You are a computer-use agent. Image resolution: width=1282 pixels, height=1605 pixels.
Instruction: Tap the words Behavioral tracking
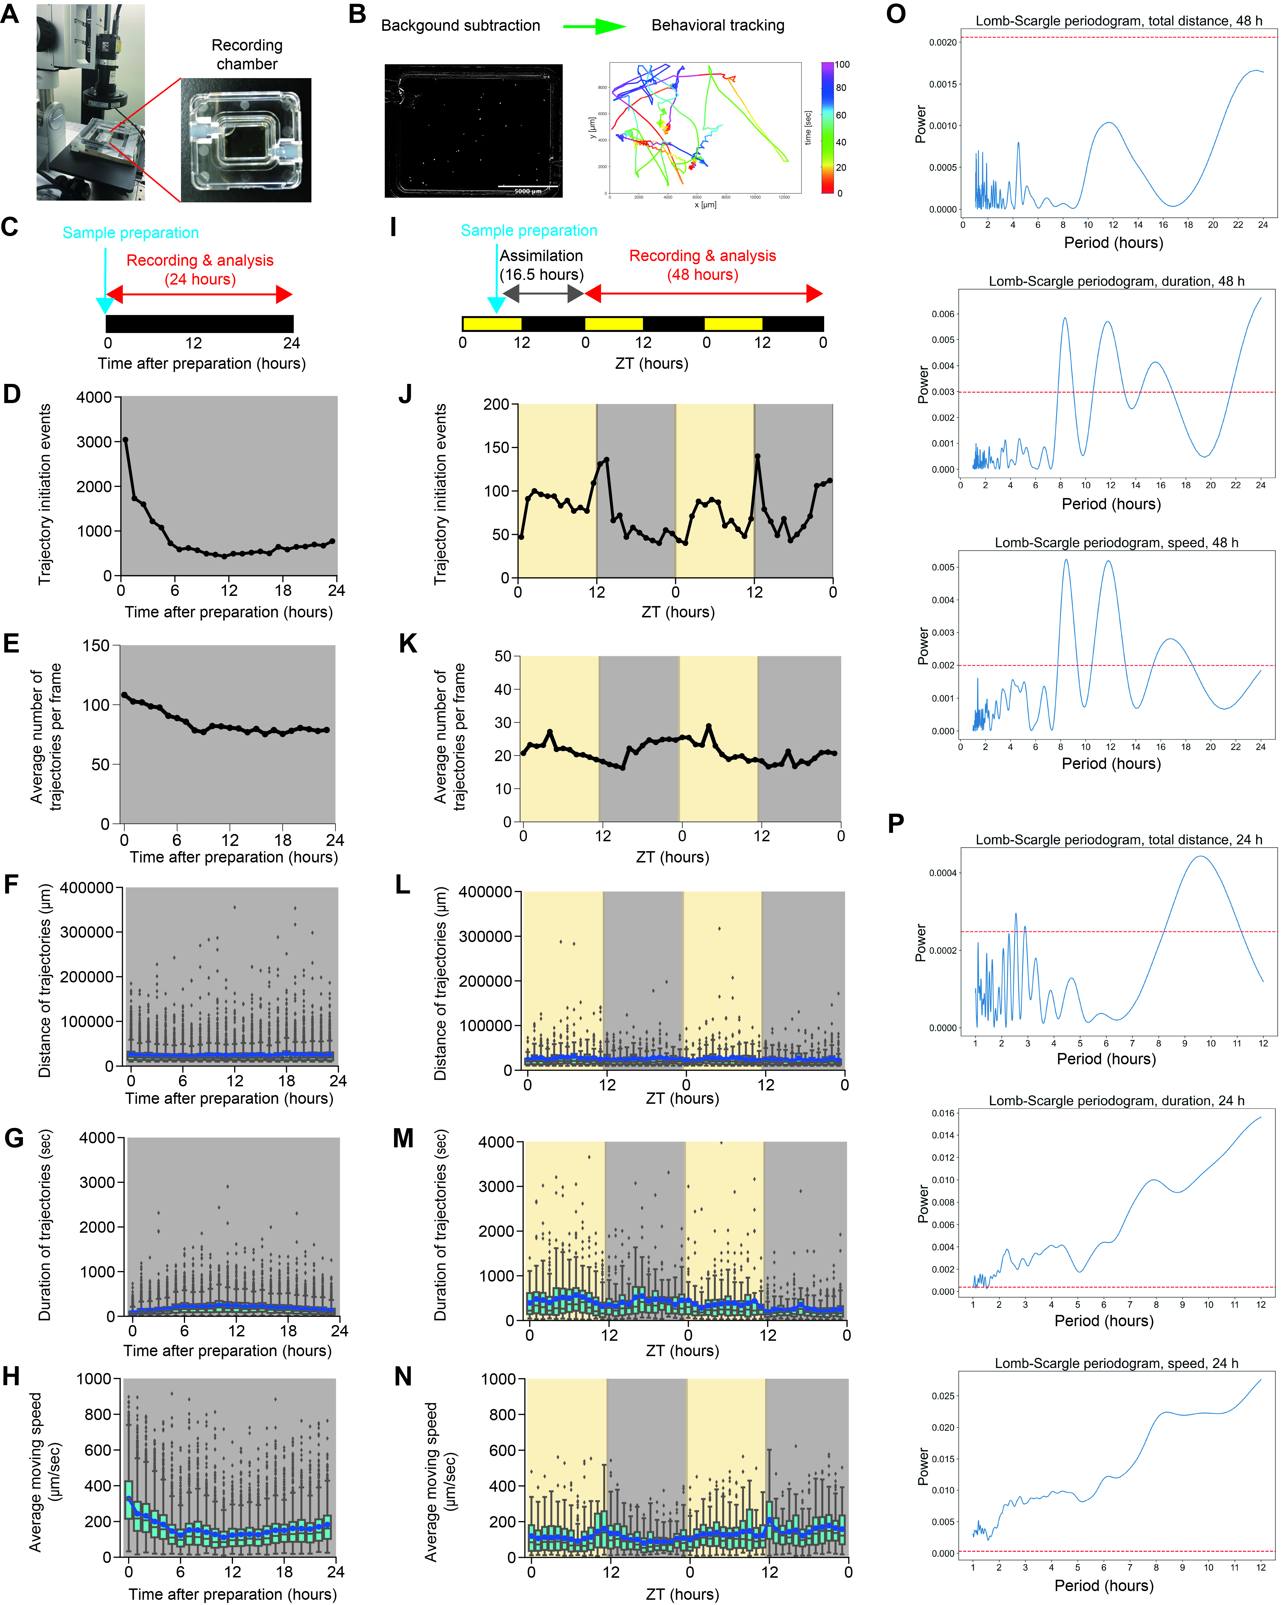pos(717,25)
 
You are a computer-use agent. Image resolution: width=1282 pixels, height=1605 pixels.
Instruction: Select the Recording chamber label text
pos(247,54)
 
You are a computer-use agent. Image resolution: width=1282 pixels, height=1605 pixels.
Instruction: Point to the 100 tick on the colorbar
pos(842,65)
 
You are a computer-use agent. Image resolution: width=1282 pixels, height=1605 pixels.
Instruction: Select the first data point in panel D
pos(125,440)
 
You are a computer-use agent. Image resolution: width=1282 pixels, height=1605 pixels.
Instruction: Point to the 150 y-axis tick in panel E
pos(96,646)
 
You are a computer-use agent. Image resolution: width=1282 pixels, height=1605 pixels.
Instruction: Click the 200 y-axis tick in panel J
pos(496,404)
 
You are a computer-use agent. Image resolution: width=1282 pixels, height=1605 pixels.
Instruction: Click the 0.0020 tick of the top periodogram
pos(942,42)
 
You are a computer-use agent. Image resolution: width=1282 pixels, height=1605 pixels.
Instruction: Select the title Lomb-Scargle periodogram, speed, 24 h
pos(1116,1363)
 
